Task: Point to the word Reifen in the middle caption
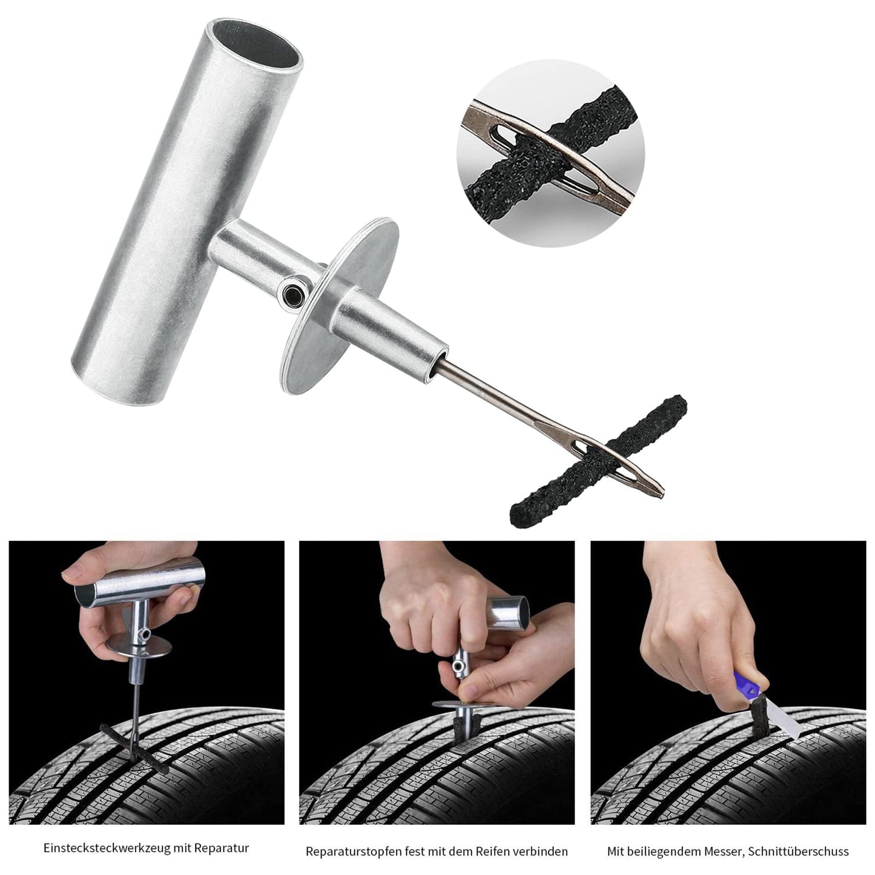coord(499,851)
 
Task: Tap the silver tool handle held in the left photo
coord(139,584)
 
